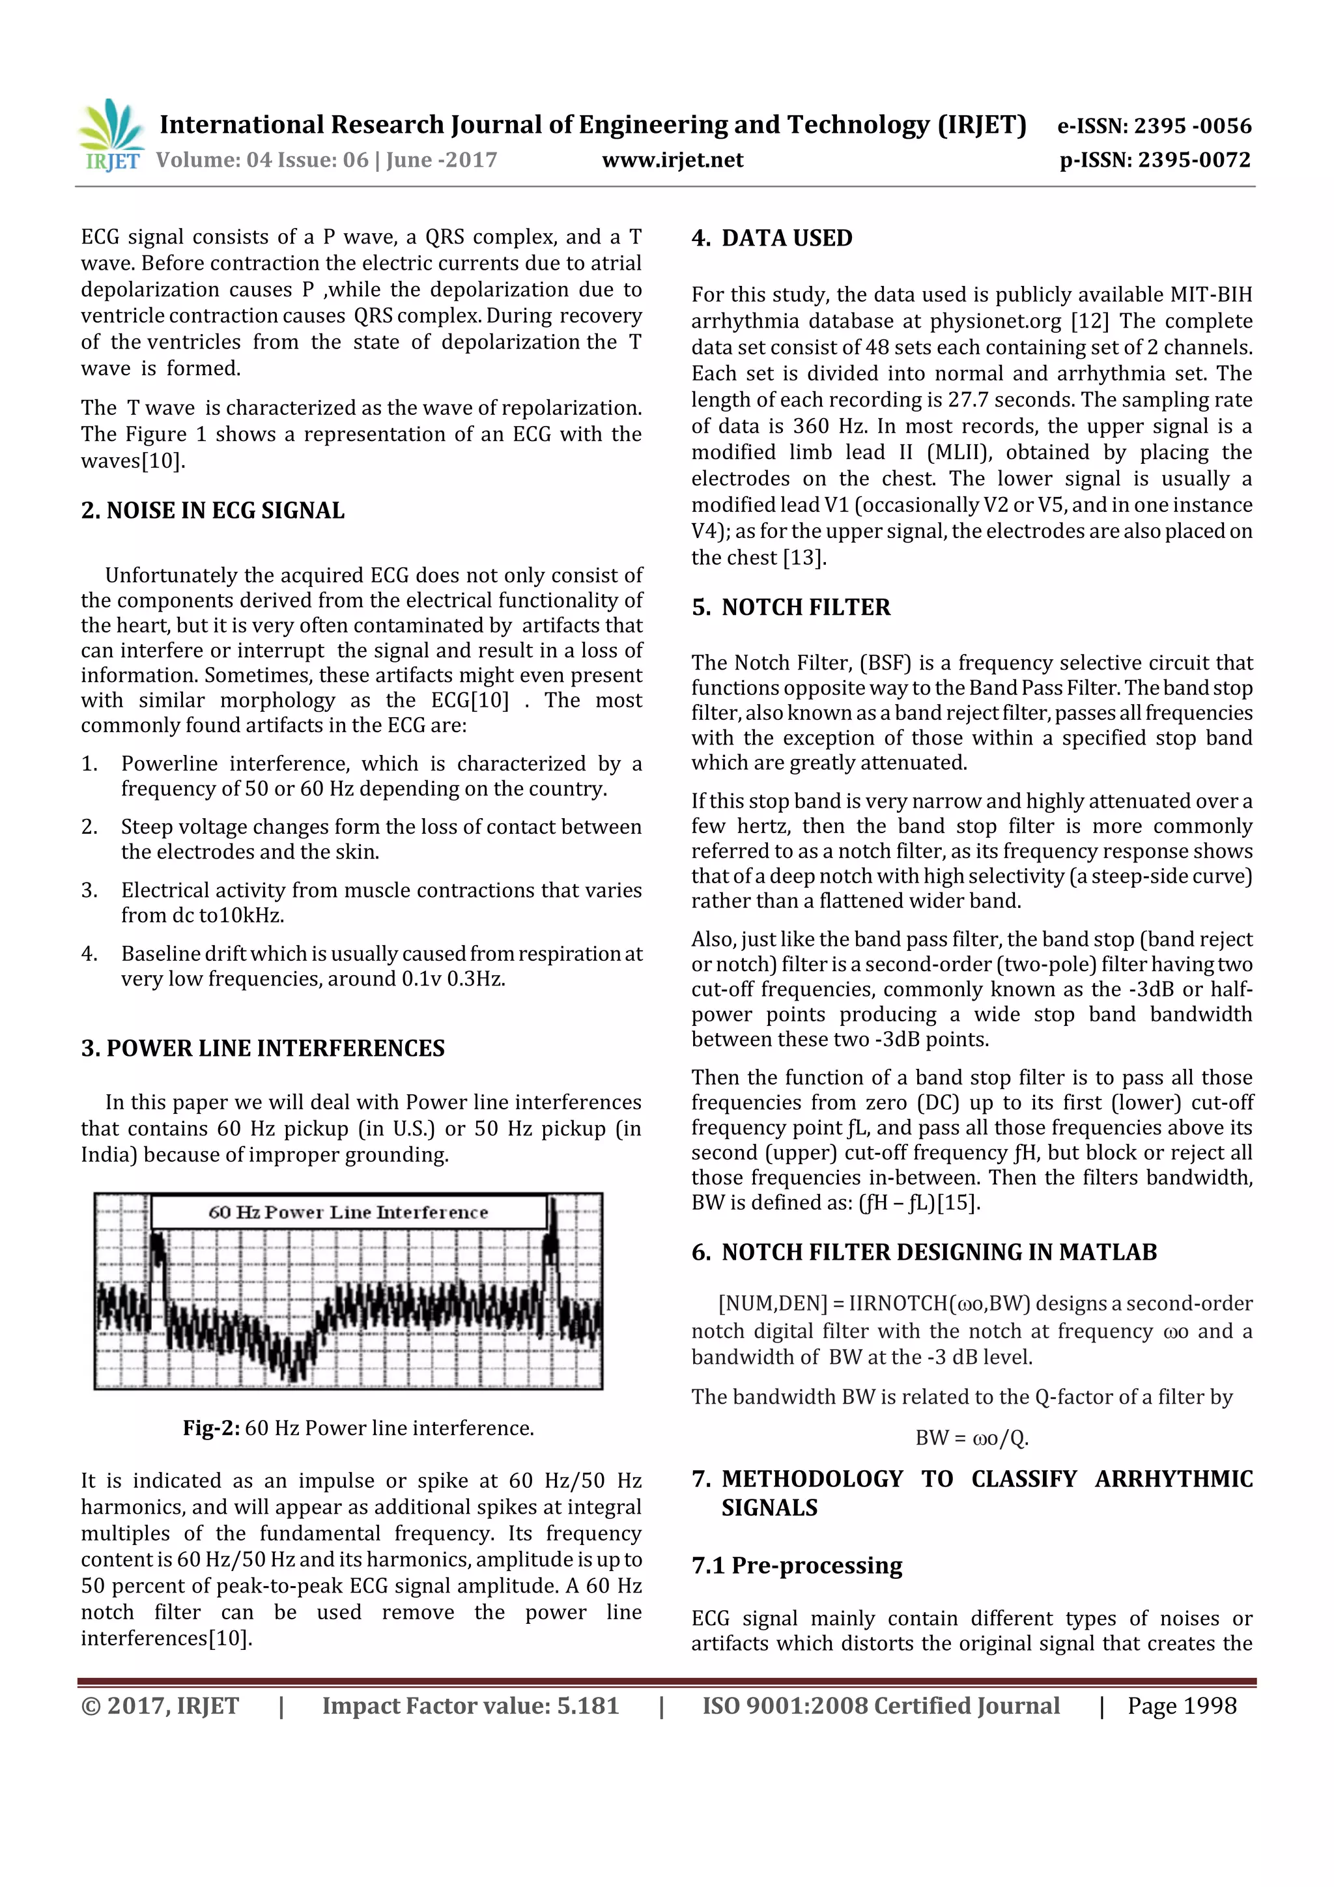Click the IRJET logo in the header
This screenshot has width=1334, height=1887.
pos(111,135)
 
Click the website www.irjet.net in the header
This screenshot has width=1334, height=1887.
pos(672,160)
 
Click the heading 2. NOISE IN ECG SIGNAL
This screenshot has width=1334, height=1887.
pos(213,511)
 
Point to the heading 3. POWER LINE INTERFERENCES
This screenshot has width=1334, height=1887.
pos(263,1048)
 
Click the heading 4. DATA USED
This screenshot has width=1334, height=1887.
pos(772,238)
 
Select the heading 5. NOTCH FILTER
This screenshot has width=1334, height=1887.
pos(791,607)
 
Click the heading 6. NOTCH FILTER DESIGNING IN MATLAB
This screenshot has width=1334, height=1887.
pos(924,1252)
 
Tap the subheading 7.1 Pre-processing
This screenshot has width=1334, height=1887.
pos(797,1566)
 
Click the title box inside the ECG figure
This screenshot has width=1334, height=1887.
pos(348,1212)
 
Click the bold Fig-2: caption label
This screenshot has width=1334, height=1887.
pos(211,1428)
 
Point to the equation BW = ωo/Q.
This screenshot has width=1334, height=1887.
pos(972,1438)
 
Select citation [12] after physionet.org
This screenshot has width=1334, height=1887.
pos(1089,321)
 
